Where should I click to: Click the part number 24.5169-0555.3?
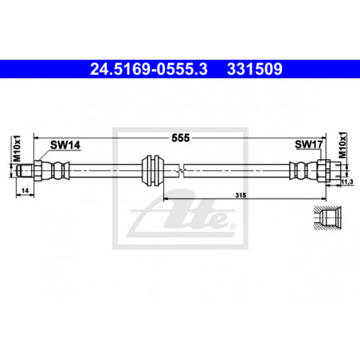click(x=149, y=69)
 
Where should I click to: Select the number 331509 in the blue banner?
click(x=254, y=69)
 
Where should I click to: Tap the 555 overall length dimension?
click(x=181, y=138)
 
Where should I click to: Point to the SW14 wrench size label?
click(x=65, y=145)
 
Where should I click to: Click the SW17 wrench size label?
click(x=308, y=144)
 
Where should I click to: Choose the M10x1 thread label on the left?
click(x=17, y=149)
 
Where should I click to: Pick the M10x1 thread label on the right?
click(x=342, y=145)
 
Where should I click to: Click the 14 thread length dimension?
click(x=25, y=190)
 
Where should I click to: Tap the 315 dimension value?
click(x=241, y=195)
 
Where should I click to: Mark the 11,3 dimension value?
click(x=346, y=182)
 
